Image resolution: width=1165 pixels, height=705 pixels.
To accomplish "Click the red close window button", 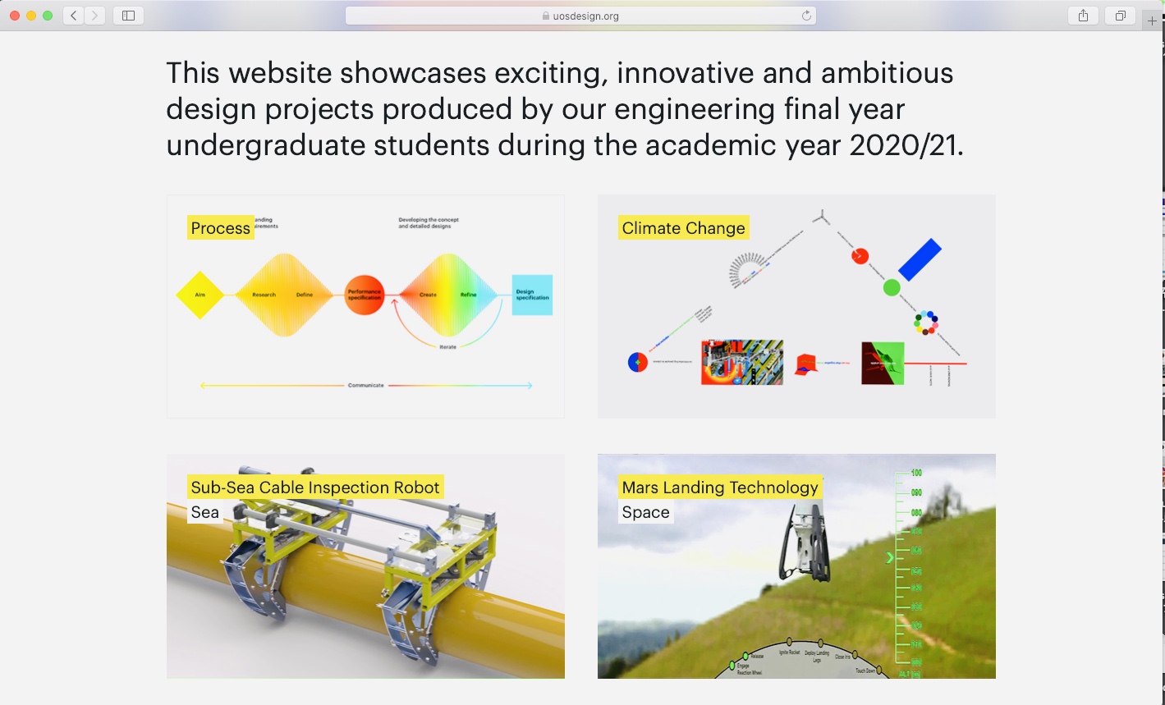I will point(15,16).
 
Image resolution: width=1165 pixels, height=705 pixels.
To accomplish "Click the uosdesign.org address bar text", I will point(586,16).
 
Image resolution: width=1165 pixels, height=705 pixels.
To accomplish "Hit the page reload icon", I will point(806,16).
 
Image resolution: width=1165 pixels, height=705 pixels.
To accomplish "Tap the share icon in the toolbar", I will point(1083,16).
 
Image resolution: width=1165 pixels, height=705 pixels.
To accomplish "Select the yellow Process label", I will point(220,228).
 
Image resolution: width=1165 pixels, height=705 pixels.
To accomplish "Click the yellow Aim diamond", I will point(200,295).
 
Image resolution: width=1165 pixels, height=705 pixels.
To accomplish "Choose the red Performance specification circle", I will point(365,295).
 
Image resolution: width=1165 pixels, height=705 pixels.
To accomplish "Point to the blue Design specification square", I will point(532,295).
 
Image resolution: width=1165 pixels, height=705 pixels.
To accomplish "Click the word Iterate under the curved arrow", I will point(447,347).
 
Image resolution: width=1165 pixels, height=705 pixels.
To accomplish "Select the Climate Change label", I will point(683,228).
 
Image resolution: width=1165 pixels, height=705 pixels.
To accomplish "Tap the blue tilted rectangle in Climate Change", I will point(920,259).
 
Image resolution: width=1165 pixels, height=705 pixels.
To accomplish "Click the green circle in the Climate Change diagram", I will point(892,287).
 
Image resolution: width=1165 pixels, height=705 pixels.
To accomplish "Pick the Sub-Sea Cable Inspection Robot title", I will point(315,488).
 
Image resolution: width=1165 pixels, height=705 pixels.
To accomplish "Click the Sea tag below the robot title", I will point(205,513).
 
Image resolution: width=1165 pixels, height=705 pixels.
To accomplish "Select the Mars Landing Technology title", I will point(720,488).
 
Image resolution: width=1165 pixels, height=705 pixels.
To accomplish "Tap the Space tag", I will point(645,513).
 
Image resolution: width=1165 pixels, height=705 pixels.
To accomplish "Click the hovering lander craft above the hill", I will point(803,542).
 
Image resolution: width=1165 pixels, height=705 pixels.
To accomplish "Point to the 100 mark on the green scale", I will point(915,473).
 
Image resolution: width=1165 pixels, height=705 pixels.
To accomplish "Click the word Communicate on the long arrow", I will point(366,385).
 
